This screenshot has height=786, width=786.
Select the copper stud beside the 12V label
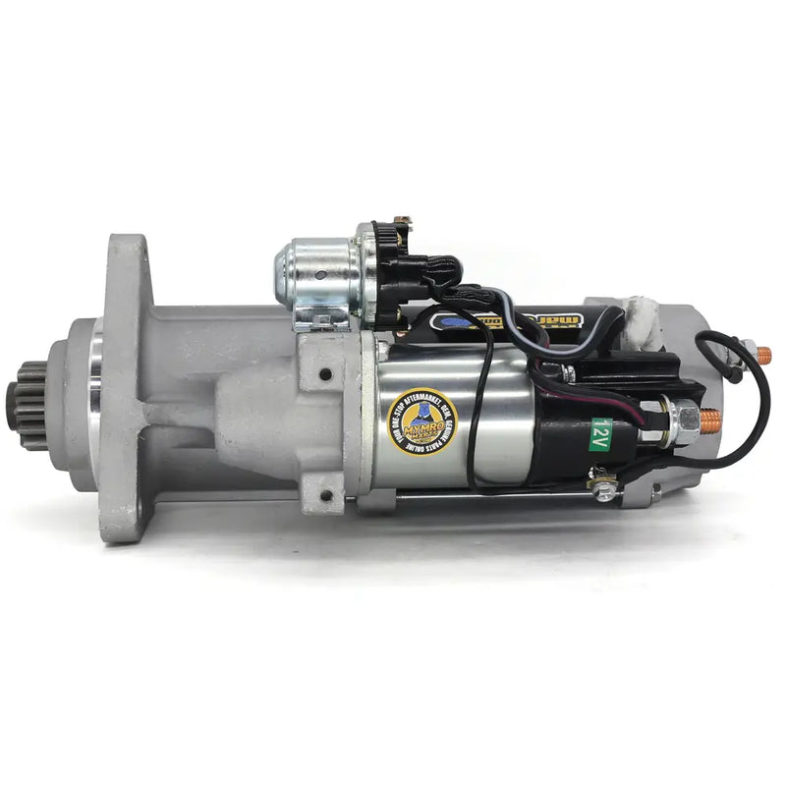[708, 421]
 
